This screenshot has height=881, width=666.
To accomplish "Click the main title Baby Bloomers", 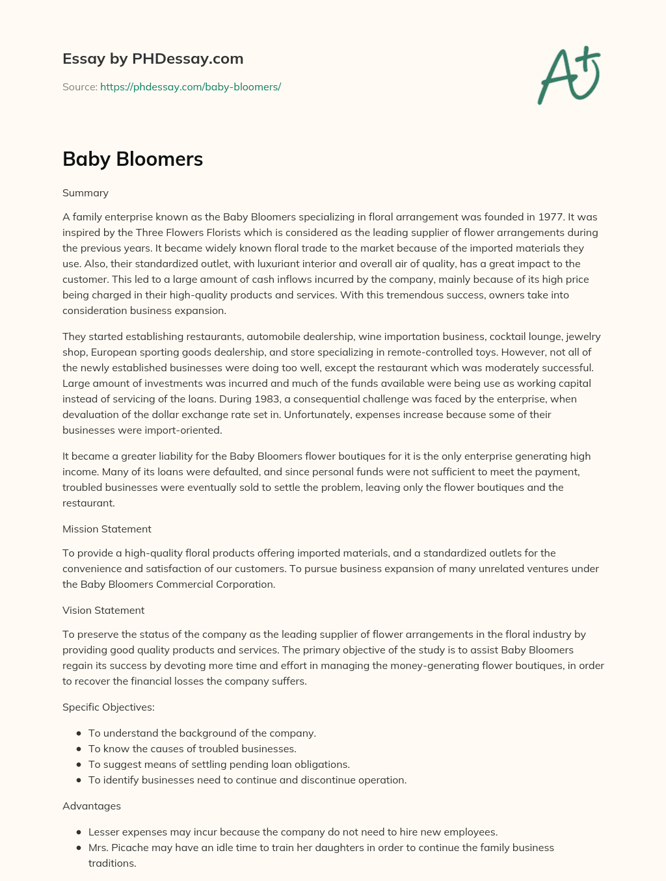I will (133, 159).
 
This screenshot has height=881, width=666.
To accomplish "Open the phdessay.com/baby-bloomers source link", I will (191, 87).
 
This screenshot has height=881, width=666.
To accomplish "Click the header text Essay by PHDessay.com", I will (153, 59).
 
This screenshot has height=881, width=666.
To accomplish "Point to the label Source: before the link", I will (79, 87).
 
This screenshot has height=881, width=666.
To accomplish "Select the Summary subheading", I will (85, 193).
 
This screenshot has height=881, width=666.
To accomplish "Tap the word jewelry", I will (583, 337).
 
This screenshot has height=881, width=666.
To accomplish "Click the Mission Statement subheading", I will (107, 529).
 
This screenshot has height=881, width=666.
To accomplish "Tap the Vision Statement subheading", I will (103, 611).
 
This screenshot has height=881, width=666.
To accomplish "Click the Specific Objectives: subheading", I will (109, 707).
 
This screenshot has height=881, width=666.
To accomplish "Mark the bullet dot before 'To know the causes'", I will (79, 749).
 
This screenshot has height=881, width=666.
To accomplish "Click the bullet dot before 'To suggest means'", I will (79, 765).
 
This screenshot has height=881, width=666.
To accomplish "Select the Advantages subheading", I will (92, 806).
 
